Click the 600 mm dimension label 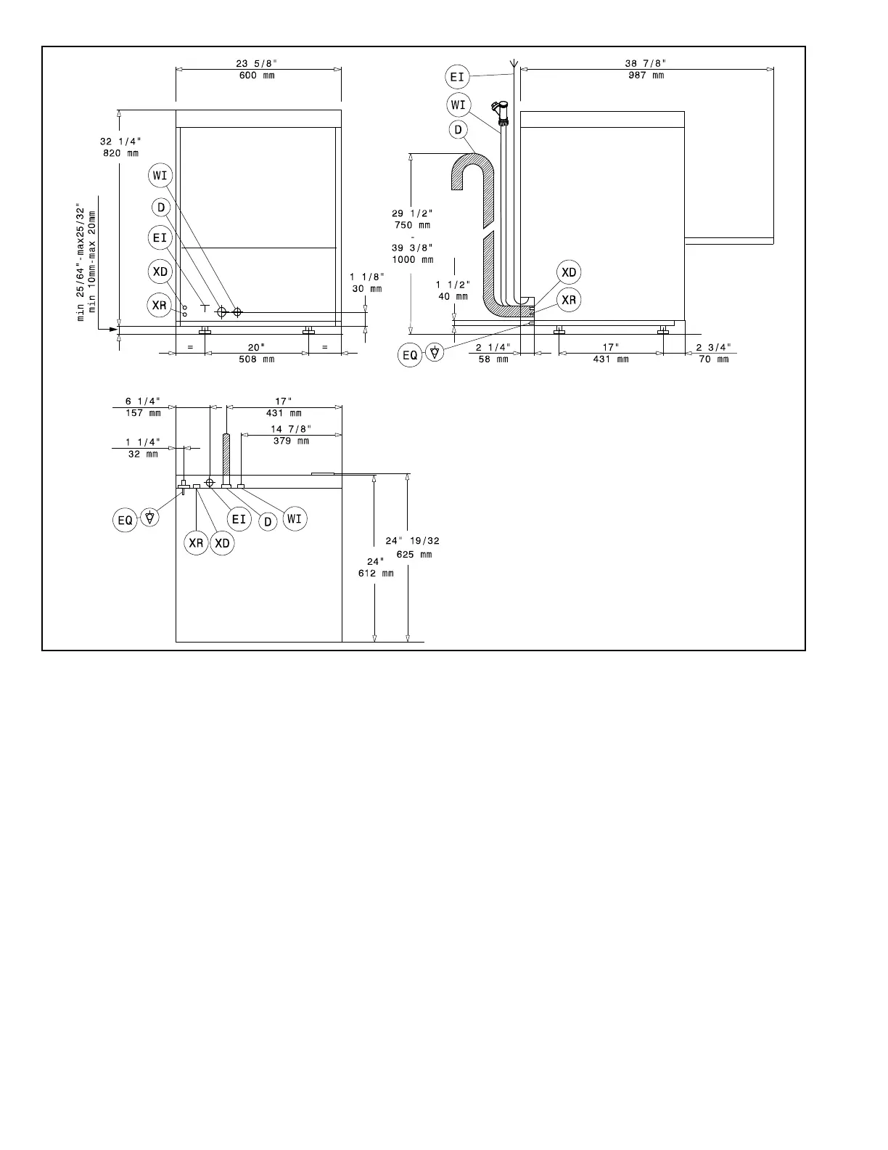(x=257, y=76)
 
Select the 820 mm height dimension (x=121, y=153)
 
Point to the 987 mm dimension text (x=646, y=76)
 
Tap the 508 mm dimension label (x=257, y=359)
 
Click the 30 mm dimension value (x=366, y=288)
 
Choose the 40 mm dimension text (x=453, y=296)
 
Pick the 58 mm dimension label (x=493, y=359)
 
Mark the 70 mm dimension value (x=713, y=359)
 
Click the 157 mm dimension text (x=143, y=413)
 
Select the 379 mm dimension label (x=291, y=441)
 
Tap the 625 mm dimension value (x=414, y=555)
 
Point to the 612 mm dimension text (x=376, y=574)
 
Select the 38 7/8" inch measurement (x=646, y=64)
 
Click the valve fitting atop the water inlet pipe (x=500, y=111)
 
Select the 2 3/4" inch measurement (x=713, y=347)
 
